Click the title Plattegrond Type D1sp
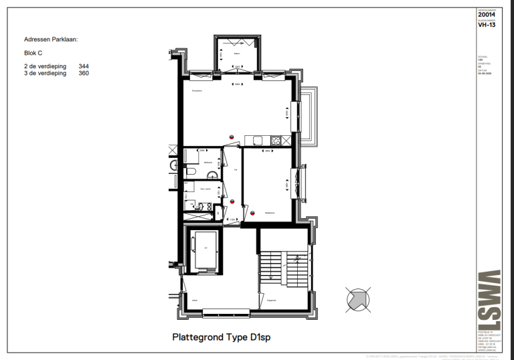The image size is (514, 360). [x=222, y=338]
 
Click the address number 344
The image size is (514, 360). [x=84, y=66]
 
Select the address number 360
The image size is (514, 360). [x=84, y=74]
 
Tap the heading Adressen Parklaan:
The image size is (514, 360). [x=51, y=40]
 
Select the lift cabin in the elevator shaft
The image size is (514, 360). [x=205, y=249]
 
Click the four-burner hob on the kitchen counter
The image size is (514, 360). [x=274, y=139]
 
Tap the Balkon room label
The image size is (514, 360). [x=236, y=54]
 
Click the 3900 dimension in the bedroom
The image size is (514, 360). [x=267, y=151]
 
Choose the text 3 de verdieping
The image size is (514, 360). [x=45, y=74]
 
